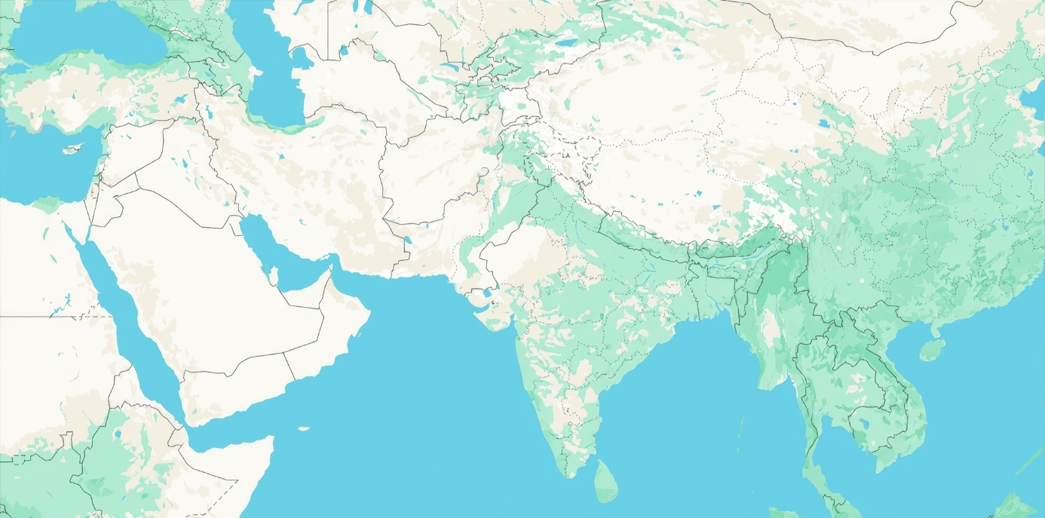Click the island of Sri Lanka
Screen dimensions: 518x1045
(605, 482)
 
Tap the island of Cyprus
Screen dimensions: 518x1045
(72, 148)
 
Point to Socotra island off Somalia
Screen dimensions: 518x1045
(303, 429)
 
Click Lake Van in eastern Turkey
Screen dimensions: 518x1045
(181, 98)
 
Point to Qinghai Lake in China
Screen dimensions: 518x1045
(824, 124)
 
